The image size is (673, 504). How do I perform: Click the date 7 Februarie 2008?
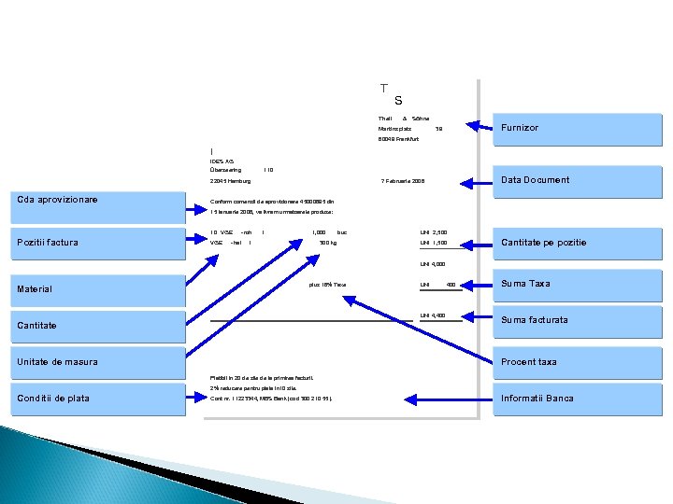click(x=403, y=181)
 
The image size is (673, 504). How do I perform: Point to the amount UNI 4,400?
click(x=433, y=315)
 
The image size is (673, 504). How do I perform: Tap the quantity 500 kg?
click(x=327, y=243)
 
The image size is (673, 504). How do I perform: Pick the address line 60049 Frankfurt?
click(x=399, y=139)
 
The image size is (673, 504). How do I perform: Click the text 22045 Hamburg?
click(x=231, y=181)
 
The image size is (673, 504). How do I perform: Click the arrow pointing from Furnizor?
click(x=480, y=125)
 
